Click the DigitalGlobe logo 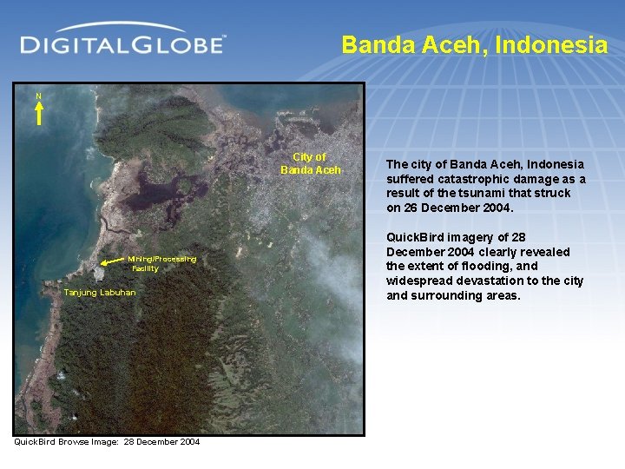[x=122, y=43]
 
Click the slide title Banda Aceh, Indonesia [x=474, y=45]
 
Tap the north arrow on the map [x=38, y=114]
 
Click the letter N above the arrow [x=38, y=96]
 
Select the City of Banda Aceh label [x=310, y=163]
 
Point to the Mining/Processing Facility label [x=161, y=263]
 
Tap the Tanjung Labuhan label [x=100, y=293]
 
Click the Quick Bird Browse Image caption [x=107, y=442]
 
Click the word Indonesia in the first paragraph [x=553, y=164]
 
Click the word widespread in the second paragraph [x=417, y=281]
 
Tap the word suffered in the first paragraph [x=410, y=179]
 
